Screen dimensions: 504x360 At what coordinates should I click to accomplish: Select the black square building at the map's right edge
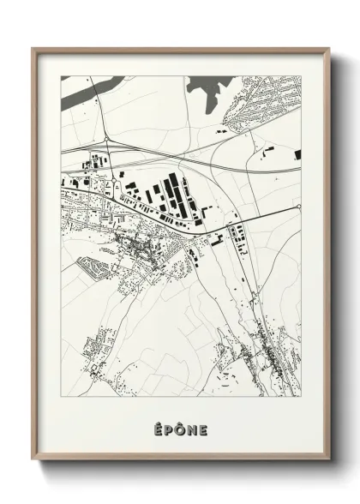[x=297, y=154]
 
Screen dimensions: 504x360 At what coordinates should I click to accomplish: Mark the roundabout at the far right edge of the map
[x=297, y=207]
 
